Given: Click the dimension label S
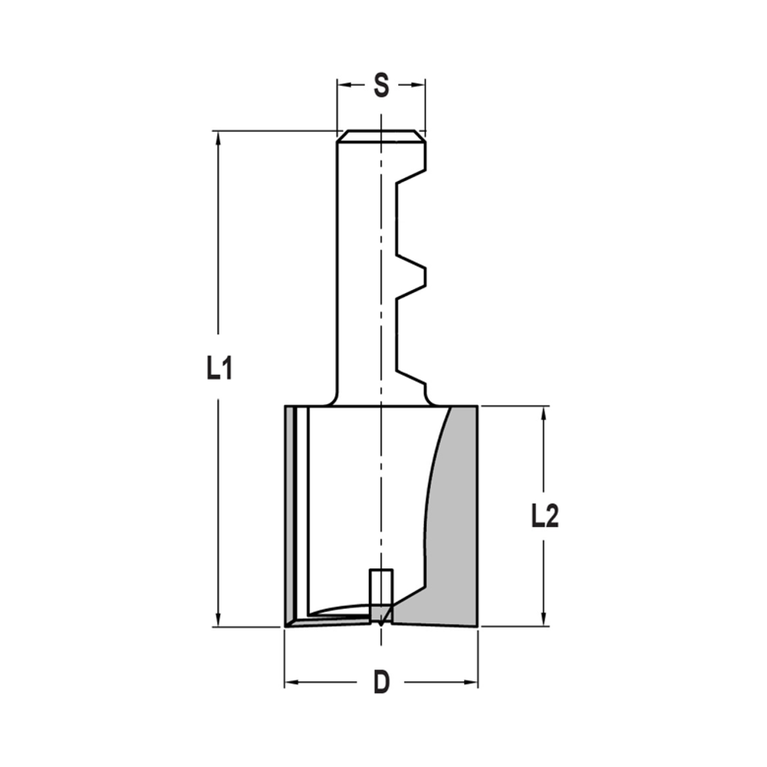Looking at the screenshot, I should click(x=380, y=85).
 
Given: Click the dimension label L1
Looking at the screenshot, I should click(x=219, y=370).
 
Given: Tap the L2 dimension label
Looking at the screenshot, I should click(x=545, y=518).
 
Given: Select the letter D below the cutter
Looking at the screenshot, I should click(x=381, y=682).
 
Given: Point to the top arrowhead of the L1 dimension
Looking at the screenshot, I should click(x=219, y=138).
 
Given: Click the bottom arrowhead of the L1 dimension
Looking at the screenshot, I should click(x=219, y=621).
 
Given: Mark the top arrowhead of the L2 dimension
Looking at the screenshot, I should click(x=545, y=413).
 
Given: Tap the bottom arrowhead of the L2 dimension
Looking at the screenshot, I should click(x=545, y=621).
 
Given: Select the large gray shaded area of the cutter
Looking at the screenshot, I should click(x=453, y=537).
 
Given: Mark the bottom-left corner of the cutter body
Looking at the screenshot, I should click(x=285, y=626).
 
